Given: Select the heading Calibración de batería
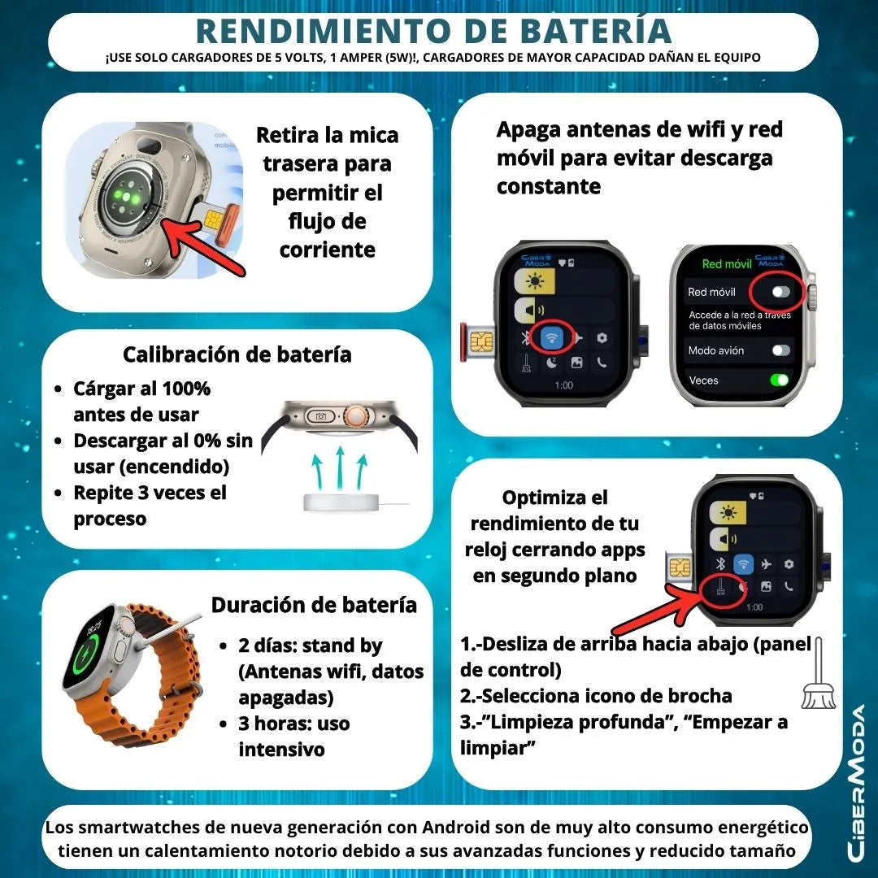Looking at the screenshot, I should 237,354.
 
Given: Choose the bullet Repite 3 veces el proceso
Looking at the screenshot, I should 150,505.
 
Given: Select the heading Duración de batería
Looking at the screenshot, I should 314,605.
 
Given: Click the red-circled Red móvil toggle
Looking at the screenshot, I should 781,292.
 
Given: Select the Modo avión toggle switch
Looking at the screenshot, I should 780,350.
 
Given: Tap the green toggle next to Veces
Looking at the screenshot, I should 780,380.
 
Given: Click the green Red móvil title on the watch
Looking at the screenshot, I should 726,264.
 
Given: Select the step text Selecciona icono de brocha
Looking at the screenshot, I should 596,696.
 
